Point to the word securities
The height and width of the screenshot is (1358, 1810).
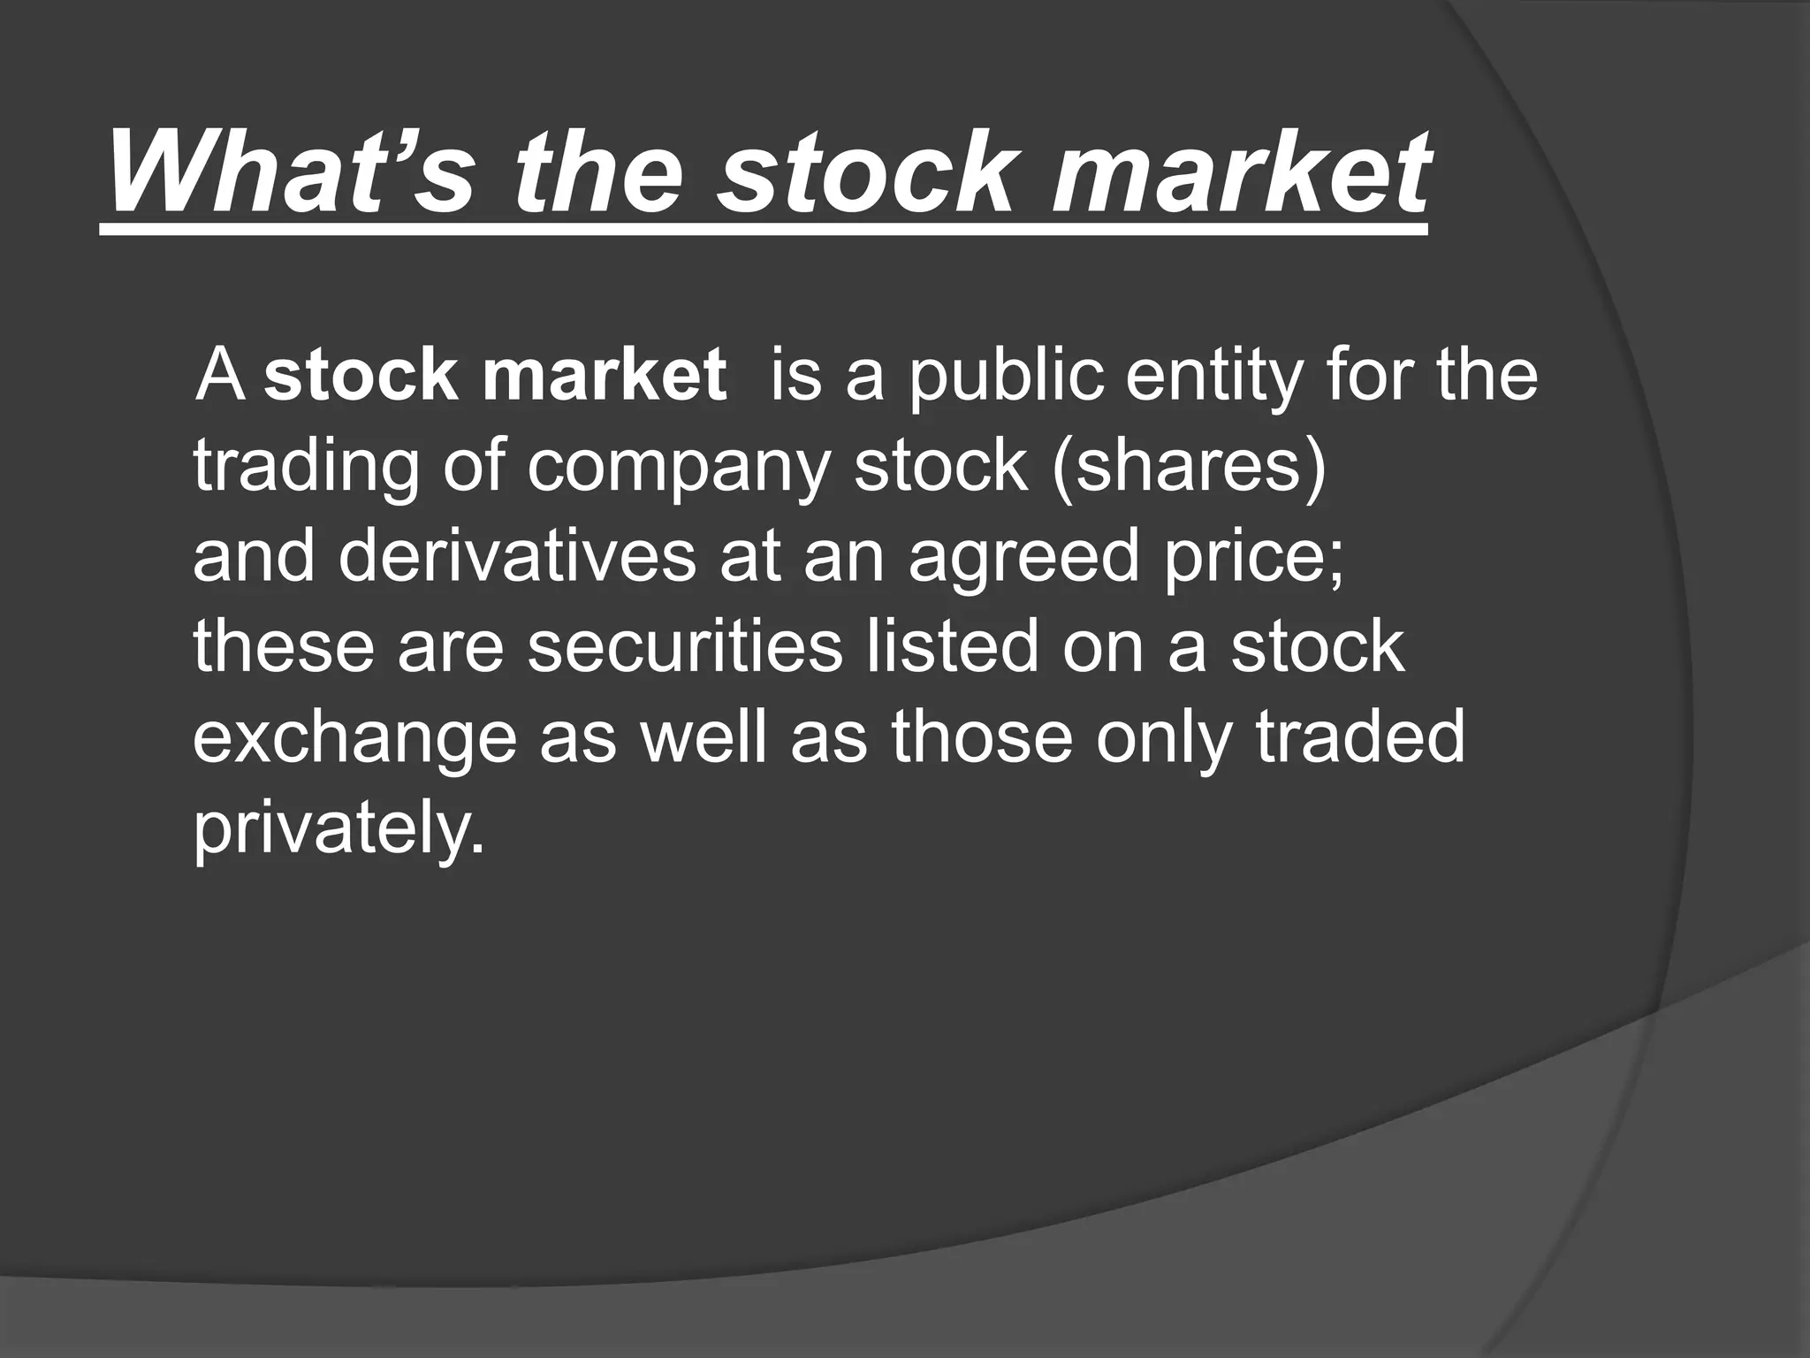click(686, 646)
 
